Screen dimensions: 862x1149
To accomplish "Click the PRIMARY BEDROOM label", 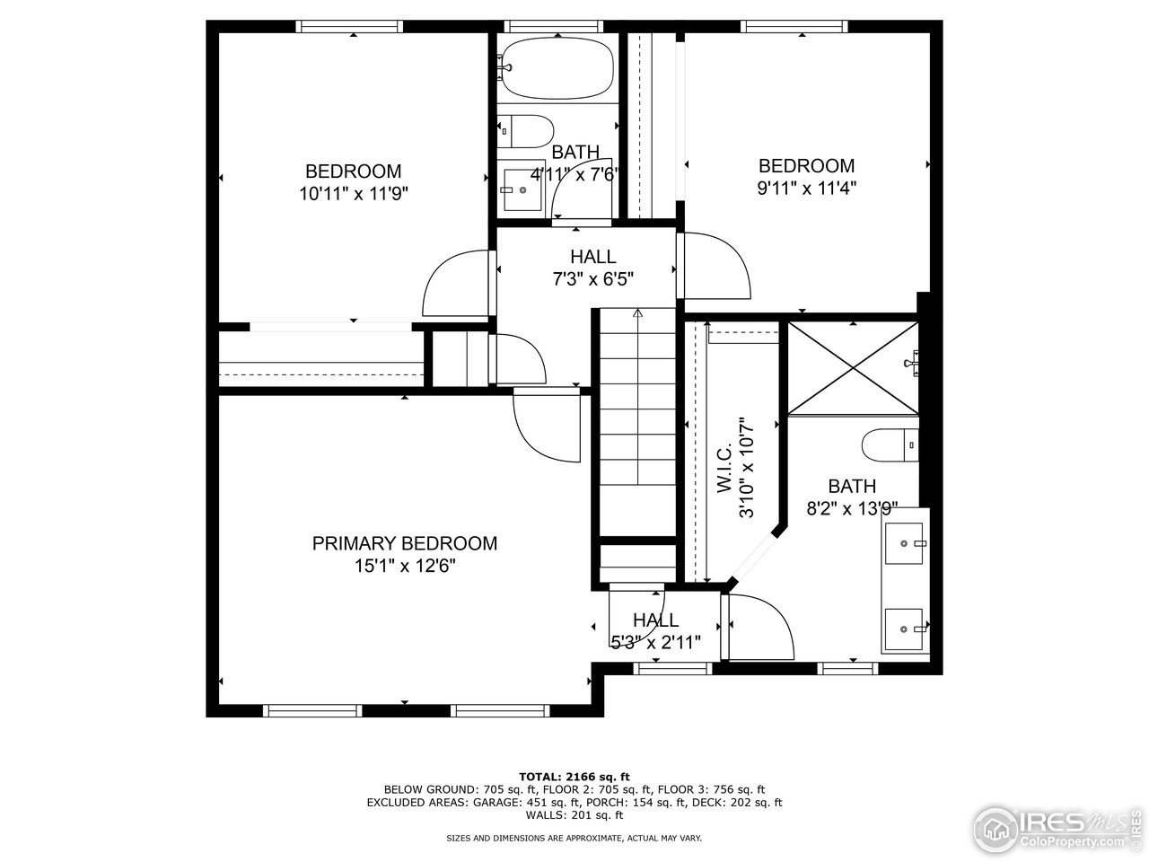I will [x=404, y=543].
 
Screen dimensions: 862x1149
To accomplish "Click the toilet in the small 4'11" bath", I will [x=526, y=131].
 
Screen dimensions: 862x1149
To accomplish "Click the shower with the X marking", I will [x=852, y=368].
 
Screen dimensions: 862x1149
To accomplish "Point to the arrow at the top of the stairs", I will [x=638, y=314].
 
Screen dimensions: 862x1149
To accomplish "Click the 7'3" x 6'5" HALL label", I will [x=592, y=258].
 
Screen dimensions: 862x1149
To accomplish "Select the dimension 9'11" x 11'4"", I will [x=806, y=188].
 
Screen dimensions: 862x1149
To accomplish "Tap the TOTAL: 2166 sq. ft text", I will [x=574, y=776].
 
